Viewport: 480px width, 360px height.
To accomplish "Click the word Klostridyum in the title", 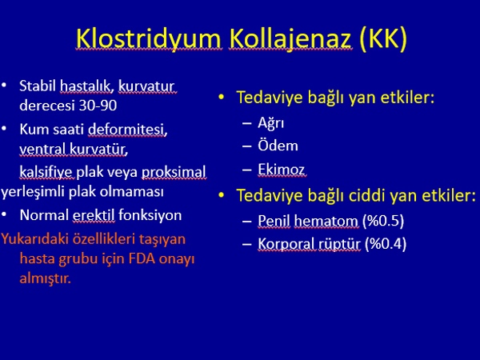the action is point(148,39).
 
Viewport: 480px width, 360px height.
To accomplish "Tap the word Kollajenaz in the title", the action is point(290,39).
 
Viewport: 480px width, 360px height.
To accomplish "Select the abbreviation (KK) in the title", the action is point(383,39).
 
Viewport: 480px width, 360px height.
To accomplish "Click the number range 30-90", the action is point(98,106).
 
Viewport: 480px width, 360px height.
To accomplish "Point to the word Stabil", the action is point(38,86).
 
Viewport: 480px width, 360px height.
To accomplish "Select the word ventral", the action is point(43,150).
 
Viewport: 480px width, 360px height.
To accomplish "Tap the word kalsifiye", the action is point(46,172).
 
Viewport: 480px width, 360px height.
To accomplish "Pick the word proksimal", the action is point(174,172).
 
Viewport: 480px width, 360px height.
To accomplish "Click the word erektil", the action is point(94,215).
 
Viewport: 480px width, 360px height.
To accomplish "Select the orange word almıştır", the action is point(46,278).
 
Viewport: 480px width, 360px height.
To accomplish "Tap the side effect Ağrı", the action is point(271,123).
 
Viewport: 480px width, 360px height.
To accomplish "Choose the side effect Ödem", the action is point(278,146).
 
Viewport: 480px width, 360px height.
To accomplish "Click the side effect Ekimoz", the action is point(282,170).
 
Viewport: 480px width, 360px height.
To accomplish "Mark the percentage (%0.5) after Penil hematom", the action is point(383,221).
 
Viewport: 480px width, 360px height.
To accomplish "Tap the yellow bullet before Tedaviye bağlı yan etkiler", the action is point(222,98).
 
